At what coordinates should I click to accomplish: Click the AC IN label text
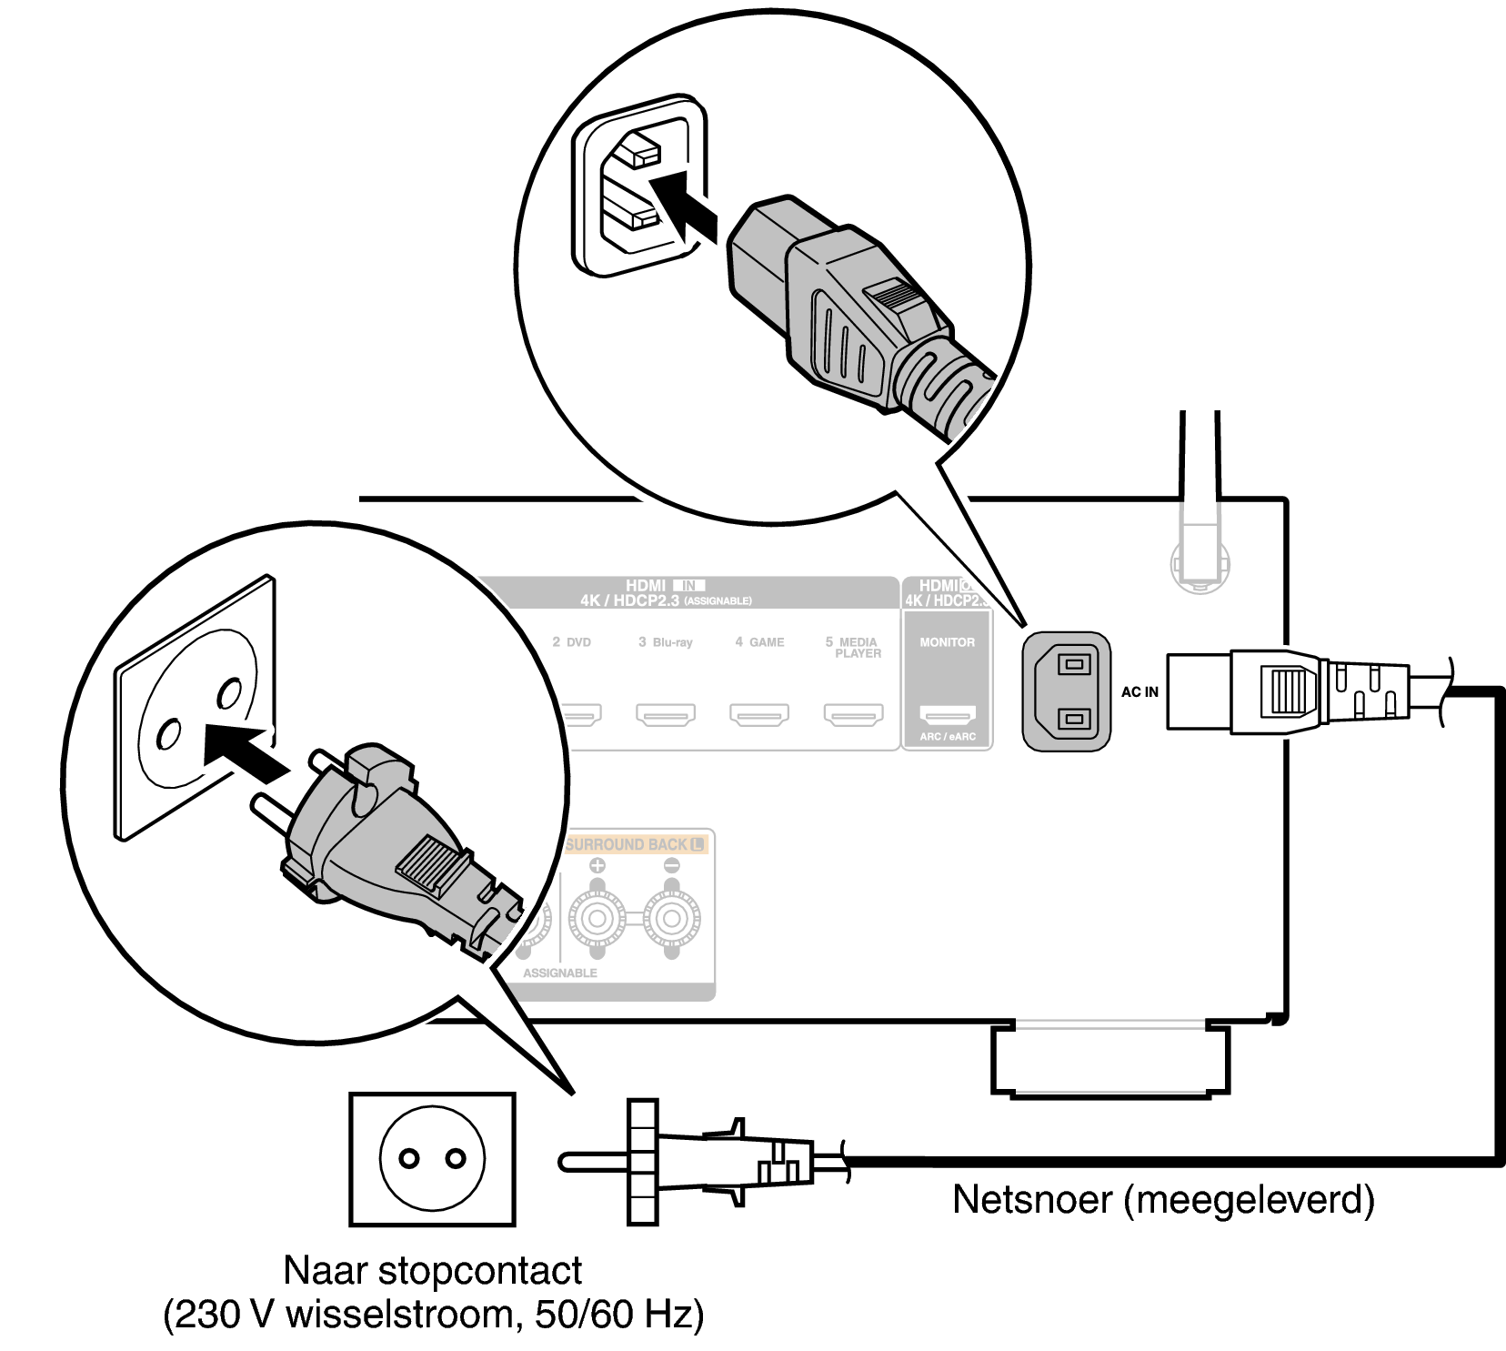point(1140,691)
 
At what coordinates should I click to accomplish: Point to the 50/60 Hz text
point(617,1316)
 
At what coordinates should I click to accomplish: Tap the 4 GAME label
point(759,642)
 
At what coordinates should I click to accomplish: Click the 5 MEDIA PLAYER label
point(853,647)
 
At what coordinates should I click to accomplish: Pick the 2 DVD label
point(571,642)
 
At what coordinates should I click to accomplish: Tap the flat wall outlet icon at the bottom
point(431,1158)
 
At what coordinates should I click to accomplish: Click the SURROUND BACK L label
point(636,844)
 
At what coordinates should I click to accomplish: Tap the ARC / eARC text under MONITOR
point(947,737)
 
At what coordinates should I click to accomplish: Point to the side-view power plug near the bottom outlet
point(700,1162)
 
